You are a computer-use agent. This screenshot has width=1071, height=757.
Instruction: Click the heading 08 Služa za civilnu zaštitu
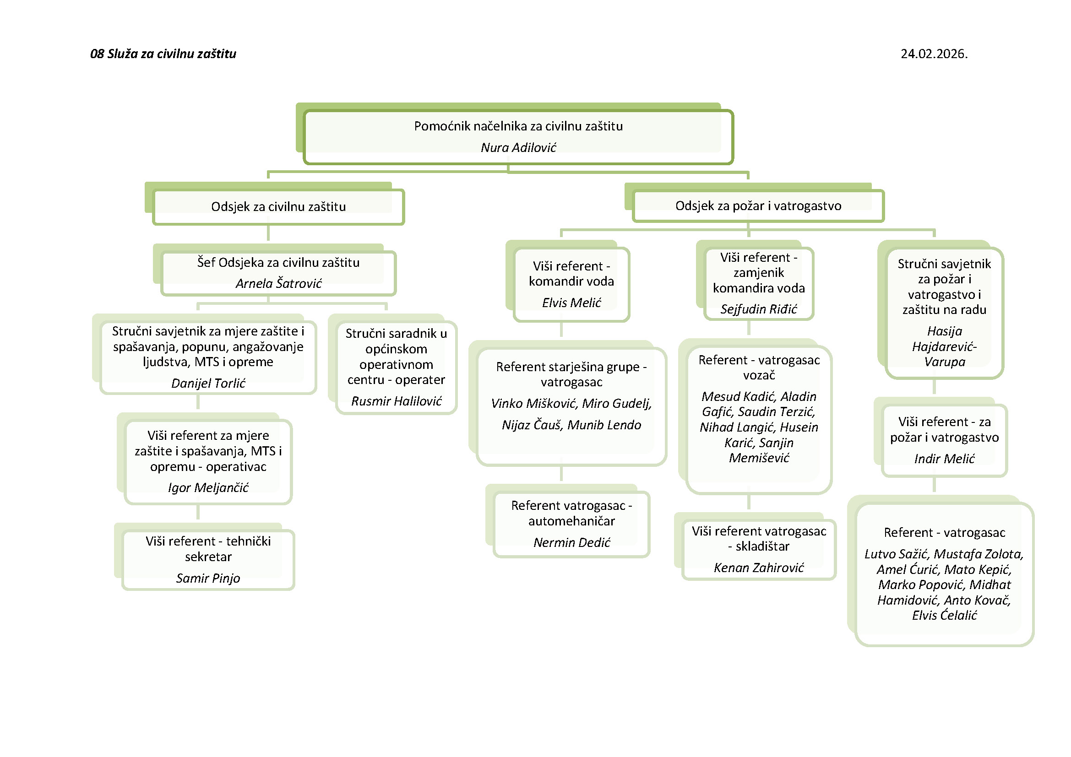[163, 54]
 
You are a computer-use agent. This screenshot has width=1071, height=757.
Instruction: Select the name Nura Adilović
[518, 147]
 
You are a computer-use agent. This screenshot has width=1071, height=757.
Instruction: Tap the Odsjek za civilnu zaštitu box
[278, 207]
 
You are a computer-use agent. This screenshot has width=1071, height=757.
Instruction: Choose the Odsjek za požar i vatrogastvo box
[758, 205]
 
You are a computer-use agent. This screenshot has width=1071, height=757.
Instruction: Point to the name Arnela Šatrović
[278, 283]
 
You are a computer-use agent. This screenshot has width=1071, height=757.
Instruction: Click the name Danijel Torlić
[208, 383]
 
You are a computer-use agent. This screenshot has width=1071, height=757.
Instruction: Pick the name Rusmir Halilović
[396, 401]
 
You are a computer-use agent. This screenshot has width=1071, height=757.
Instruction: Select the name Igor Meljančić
[208, 487]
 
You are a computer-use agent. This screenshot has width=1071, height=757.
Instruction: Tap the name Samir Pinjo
[208, 578]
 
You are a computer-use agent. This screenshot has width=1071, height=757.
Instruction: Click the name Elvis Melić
[571, 303]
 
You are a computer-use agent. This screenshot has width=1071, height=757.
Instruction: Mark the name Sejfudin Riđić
[758, 309]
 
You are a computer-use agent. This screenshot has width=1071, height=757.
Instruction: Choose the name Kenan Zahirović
[758, 567]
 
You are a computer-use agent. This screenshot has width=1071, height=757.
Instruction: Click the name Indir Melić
[944, 459]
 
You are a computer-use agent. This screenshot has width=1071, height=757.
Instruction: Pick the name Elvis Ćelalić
[944, 615]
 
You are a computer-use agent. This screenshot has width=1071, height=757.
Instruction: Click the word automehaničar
[571, 521]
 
